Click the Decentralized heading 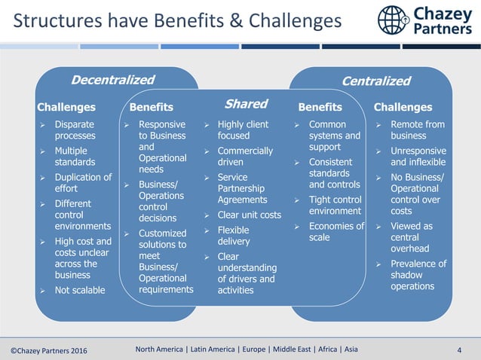pyautogui.click(x=112, y=80)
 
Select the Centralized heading pyautogui.click(x=375, y=81)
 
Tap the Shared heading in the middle pyautogui.click(x=246, y=104)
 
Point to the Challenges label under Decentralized pyautogui.click(x=66, y=107)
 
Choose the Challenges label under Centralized pyautogui.click(x=403, y=107)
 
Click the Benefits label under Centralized pyautogui.click(x=320, y=107)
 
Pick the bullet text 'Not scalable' pyautogui.click(x=80, y=290)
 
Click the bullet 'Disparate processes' pyautogui.click(x=75, y=130)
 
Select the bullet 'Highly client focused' pyautogui.click(x=243, y=130)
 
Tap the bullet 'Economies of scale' pyautogui.click(x=336, y=232)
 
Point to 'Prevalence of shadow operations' pyautogui.click(x=418, y=275)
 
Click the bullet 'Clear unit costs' pyautogui.click(x=249, y=215)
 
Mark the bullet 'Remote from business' pyautogui.click(x=418, y=130)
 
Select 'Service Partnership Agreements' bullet pyautogui.click(x=242, y=188)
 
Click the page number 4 pyautogui.click(x=459, y=349)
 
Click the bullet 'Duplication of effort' pyautogui.click(x=83, y=183)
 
